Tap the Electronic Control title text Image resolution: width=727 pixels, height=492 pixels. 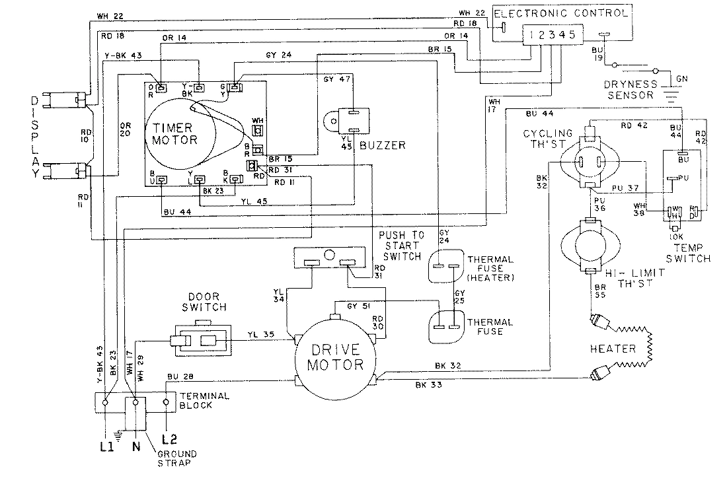(x=560, y=13)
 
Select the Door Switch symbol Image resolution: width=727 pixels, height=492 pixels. (x=201, y=341)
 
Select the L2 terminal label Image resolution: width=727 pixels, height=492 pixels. (x=170, y=438)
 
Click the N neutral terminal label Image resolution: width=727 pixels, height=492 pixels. (x=137, y=446)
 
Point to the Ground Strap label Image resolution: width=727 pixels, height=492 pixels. (x=174, y=459)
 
